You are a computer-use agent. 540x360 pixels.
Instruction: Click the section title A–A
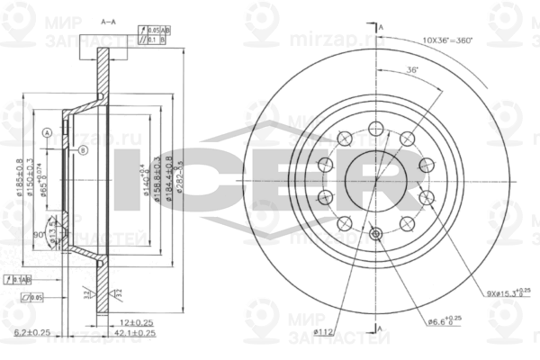click(x=108, y=20)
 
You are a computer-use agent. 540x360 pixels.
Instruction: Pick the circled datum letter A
click(x=47, y=133)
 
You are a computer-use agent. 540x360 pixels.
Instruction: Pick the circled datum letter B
click(x=82, y=149)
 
